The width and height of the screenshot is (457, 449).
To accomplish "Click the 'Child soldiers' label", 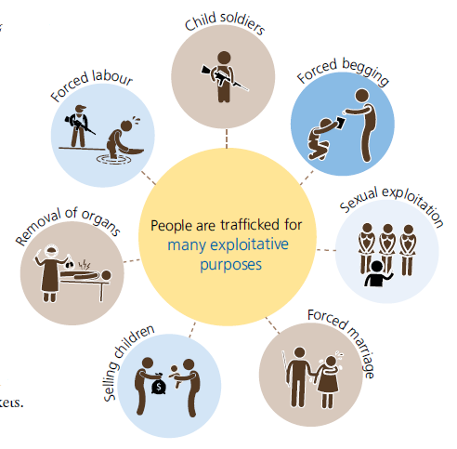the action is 225,22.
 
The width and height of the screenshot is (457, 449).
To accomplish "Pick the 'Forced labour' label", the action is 92,85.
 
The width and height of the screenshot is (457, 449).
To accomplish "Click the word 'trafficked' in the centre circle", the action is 250,225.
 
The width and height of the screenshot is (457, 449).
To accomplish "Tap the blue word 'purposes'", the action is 230,265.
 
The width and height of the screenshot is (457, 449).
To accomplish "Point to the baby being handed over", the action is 176,375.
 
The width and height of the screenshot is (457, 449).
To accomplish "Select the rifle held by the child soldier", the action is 225,77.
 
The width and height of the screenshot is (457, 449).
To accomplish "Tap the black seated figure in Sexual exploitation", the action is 378,274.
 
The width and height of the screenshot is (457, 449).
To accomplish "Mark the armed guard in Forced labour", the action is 79,125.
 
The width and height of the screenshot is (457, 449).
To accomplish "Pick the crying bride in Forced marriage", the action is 329,382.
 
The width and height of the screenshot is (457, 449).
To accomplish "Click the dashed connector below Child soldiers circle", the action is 227,139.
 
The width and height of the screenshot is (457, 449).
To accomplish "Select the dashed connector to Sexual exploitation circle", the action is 326,250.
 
